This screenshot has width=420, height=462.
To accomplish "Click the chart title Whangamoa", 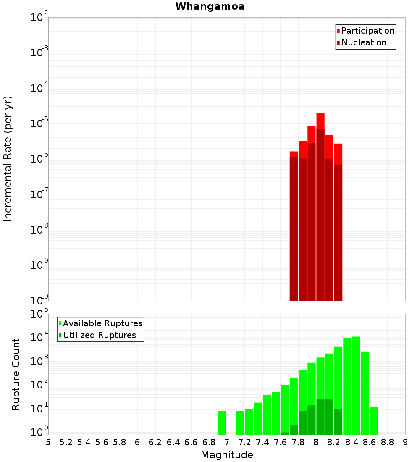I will coord(210,6).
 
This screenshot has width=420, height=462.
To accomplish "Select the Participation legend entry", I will coord(365,31).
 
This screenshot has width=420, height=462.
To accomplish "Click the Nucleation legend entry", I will coord(361,42).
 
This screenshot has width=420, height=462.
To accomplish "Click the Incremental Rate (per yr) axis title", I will coord(8,159).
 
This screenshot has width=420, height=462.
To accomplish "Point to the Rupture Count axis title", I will coord(16,374).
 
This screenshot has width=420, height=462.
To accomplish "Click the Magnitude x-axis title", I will coord(227,455).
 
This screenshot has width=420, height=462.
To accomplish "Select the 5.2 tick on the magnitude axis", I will coord(66,442).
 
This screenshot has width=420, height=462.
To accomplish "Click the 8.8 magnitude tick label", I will coord(388,442).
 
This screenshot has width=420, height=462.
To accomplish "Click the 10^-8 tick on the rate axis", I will coord(39,230).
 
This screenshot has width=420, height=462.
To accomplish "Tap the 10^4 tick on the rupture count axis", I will coord(39,337).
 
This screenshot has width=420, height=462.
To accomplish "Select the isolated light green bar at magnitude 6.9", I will coord(222,423).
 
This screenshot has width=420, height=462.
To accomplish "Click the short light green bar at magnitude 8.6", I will coord(374,420).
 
